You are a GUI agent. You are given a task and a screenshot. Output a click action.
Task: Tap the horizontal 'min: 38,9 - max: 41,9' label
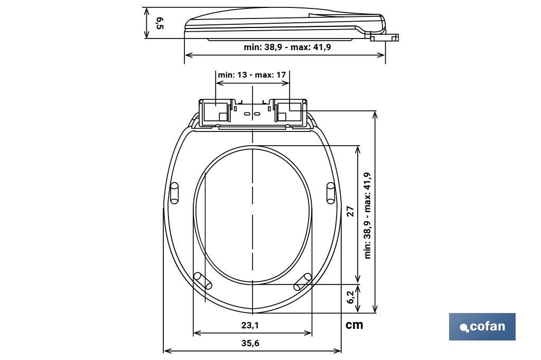287,47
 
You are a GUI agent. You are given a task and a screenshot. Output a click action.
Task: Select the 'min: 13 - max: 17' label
252,75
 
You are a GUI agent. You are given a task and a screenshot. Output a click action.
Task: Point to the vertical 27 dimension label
350,211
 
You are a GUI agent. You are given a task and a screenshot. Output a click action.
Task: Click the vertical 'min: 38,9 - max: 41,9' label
368,215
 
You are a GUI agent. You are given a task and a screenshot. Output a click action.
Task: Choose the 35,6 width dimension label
250,343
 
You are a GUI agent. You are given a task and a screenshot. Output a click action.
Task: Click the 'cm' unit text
354,325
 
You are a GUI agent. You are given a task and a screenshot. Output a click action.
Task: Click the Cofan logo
482,327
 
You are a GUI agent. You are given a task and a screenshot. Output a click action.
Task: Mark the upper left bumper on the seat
174,193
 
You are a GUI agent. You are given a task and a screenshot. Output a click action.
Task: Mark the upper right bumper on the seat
331,193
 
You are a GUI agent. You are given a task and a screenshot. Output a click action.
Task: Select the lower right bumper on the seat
303,281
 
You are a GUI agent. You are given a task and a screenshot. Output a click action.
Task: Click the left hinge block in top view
215,112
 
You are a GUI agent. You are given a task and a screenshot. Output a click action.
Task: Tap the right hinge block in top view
290,112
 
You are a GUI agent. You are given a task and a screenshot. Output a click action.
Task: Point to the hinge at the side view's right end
384,36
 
